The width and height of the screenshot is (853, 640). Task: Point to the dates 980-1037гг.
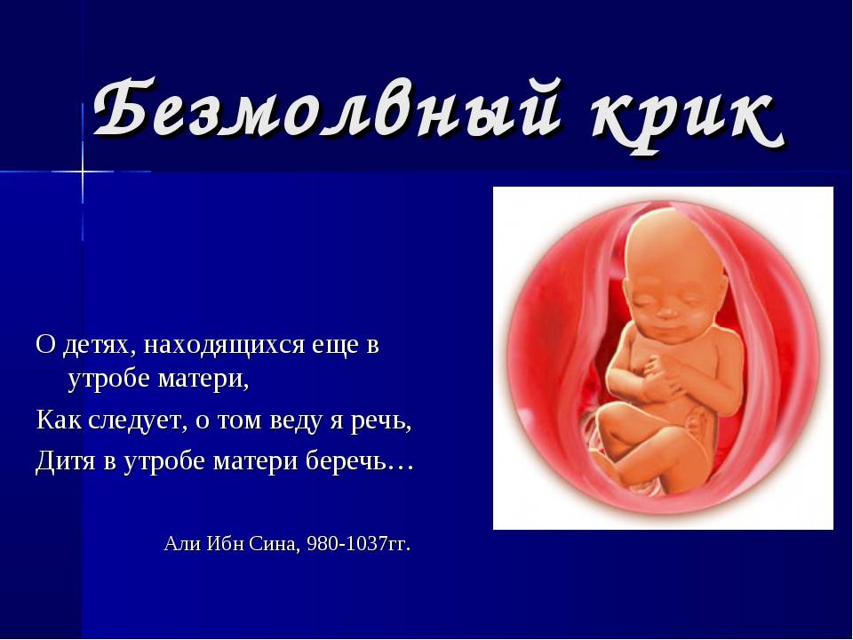359,543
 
